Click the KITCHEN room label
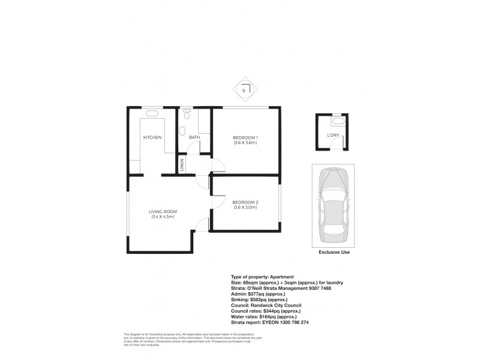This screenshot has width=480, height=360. (152, 138)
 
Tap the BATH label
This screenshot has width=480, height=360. (194, 138)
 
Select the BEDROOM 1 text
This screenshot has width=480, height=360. (245, 138)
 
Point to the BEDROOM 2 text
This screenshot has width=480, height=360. (245, 202)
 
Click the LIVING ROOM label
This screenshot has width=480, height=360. (163, 212)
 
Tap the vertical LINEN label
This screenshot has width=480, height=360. (182, 166)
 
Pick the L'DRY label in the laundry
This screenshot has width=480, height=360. (332, 136)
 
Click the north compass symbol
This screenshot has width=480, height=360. (245, 91)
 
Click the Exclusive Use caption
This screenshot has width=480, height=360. (334, 253)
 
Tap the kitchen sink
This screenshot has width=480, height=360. (152, 113)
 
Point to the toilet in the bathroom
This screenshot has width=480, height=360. (187, 113)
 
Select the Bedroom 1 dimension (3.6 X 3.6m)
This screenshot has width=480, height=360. (245, 143)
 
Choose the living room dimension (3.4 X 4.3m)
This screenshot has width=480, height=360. (163, 217)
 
